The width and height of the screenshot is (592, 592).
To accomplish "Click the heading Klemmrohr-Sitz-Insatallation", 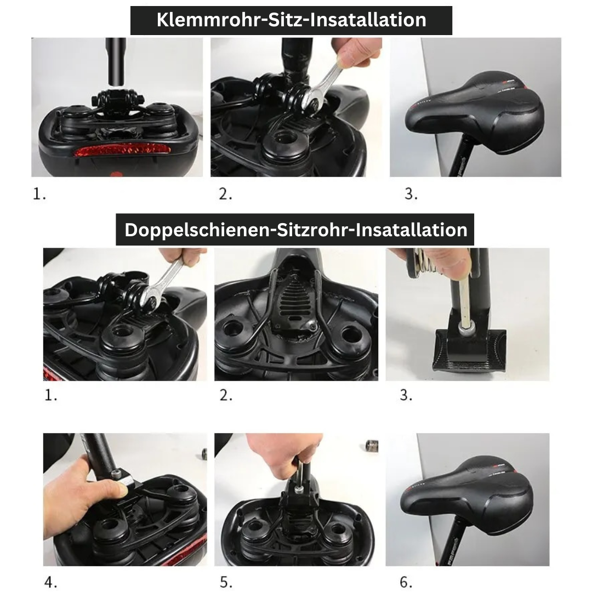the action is (x=291, y=20).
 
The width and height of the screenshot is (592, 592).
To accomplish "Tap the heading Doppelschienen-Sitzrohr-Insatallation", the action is (x=295, y=230).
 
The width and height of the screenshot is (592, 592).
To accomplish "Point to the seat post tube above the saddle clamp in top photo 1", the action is (x=116, y=61).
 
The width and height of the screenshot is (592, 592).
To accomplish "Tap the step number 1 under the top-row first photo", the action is (x=39, y=194).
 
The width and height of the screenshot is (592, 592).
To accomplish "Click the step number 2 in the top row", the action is (x=225, y=194).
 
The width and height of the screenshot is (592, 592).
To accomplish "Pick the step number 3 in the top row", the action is (x=411, y=194).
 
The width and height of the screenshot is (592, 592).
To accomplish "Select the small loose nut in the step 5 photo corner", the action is (x=372, y=446).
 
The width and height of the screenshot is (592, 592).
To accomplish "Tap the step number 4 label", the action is (x=50, y=582).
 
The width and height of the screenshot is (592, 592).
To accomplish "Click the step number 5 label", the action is (x=226, y=582).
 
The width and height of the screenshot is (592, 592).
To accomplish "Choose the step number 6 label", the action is (x=406, y=582).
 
